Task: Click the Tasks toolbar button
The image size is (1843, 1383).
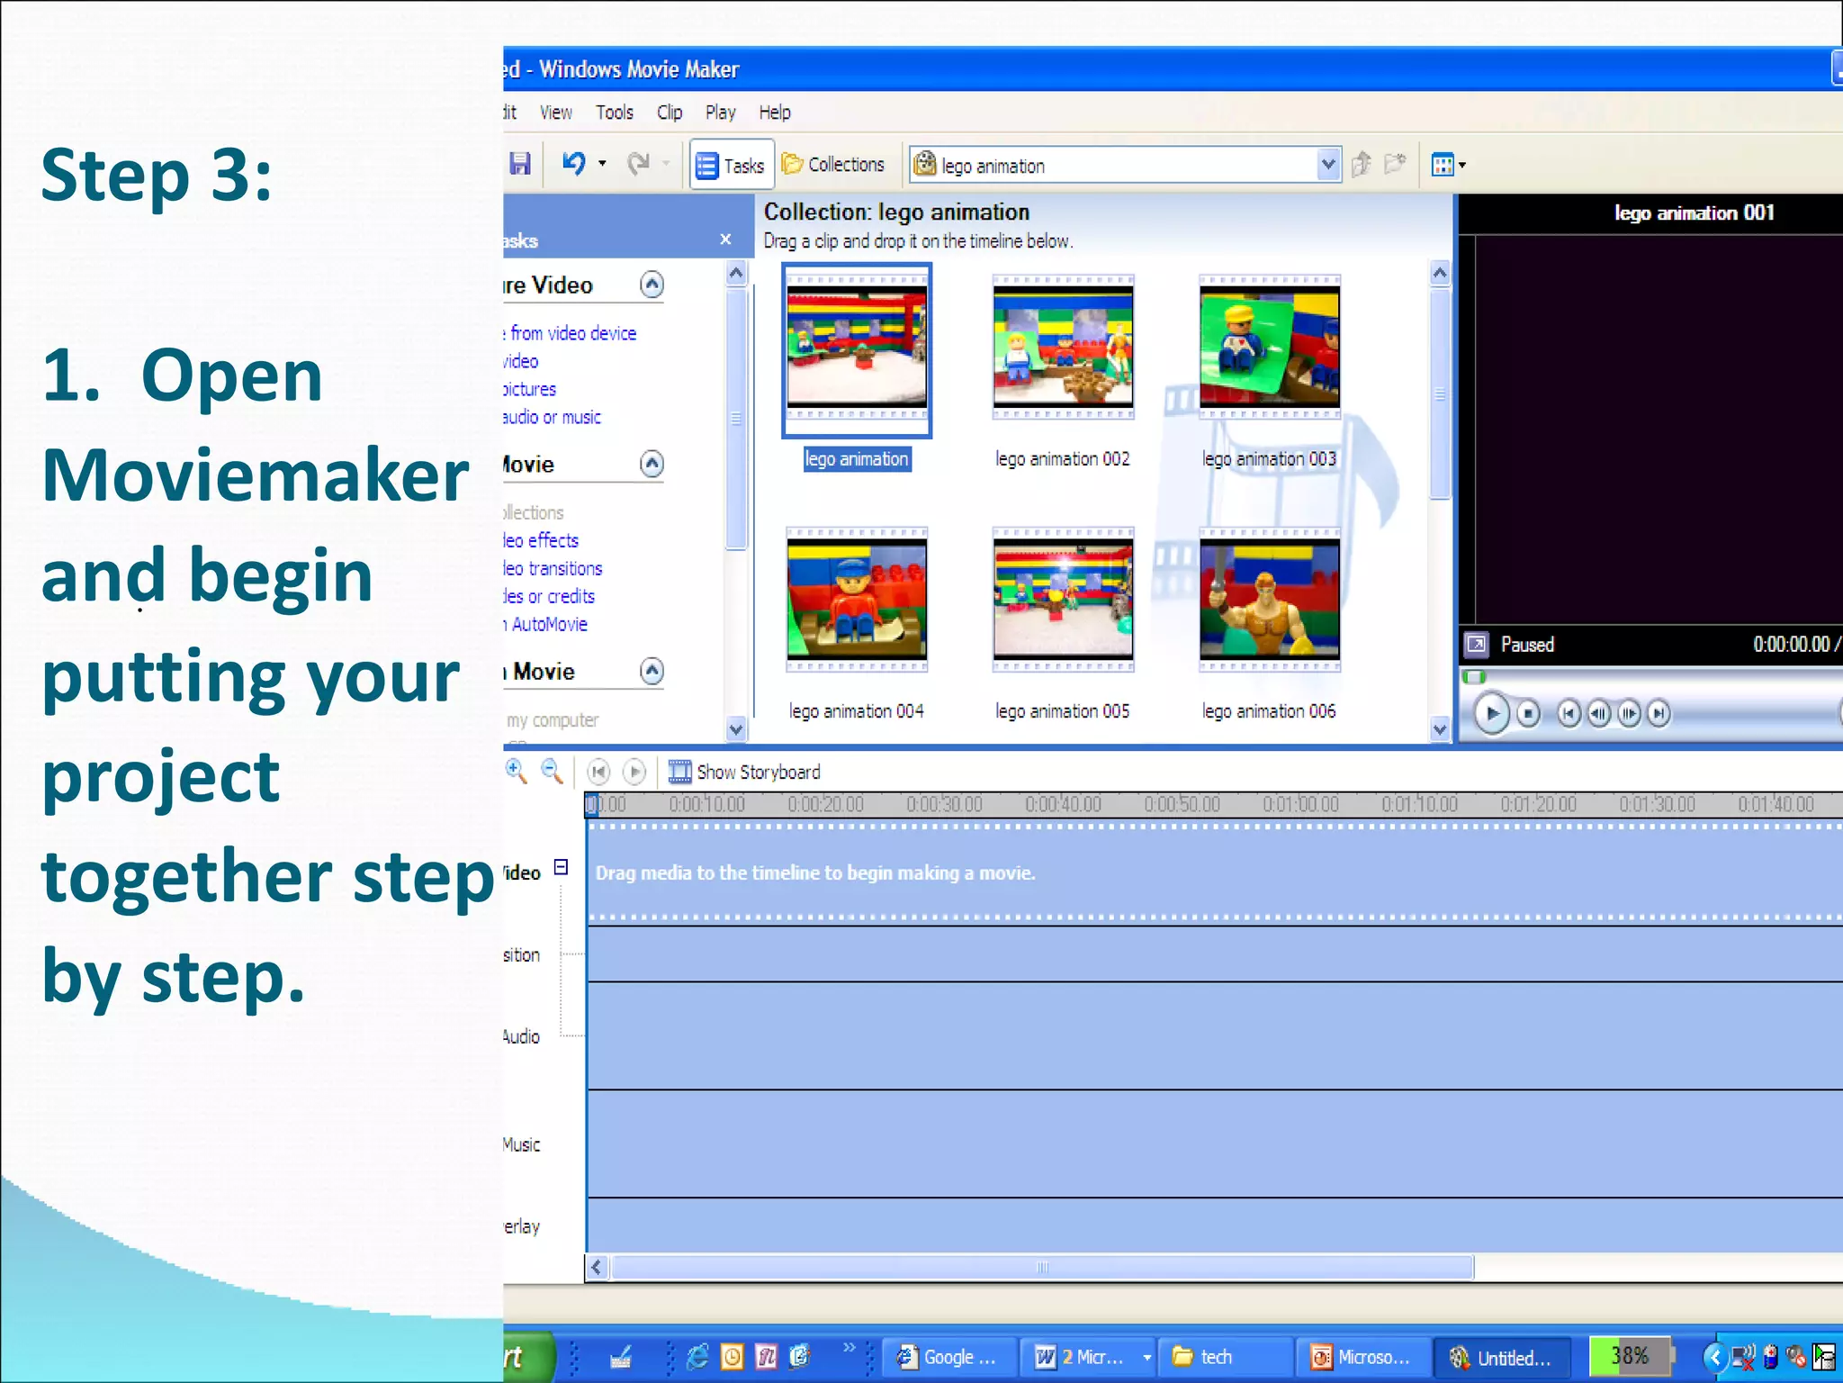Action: pos(732,166)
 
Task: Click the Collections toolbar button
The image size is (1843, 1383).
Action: pos(833,165)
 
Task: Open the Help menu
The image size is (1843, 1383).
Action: pos(774,113)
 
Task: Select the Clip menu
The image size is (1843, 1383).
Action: pos(669,113)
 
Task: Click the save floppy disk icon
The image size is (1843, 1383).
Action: pos(520,164)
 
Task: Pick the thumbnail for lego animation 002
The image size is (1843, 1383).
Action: pos(1063,348)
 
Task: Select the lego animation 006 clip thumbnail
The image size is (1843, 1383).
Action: pos(1269,600)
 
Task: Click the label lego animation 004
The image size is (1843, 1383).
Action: pos(856,711)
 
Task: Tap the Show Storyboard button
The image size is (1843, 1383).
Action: pos(744,772)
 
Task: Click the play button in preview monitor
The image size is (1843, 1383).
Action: pos(1491,714)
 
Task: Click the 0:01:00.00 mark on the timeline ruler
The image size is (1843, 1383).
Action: pos(1300,804)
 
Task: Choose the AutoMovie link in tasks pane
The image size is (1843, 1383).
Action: pos(548,624)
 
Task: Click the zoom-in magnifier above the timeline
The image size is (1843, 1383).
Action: pos(516,771)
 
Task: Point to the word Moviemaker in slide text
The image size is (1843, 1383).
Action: pos(255,475)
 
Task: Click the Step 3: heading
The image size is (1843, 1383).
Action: pos(156,175)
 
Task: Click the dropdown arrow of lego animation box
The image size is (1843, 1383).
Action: pos(1327,165)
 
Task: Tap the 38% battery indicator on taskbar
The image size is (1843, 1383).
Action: pos(1630,1356)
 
